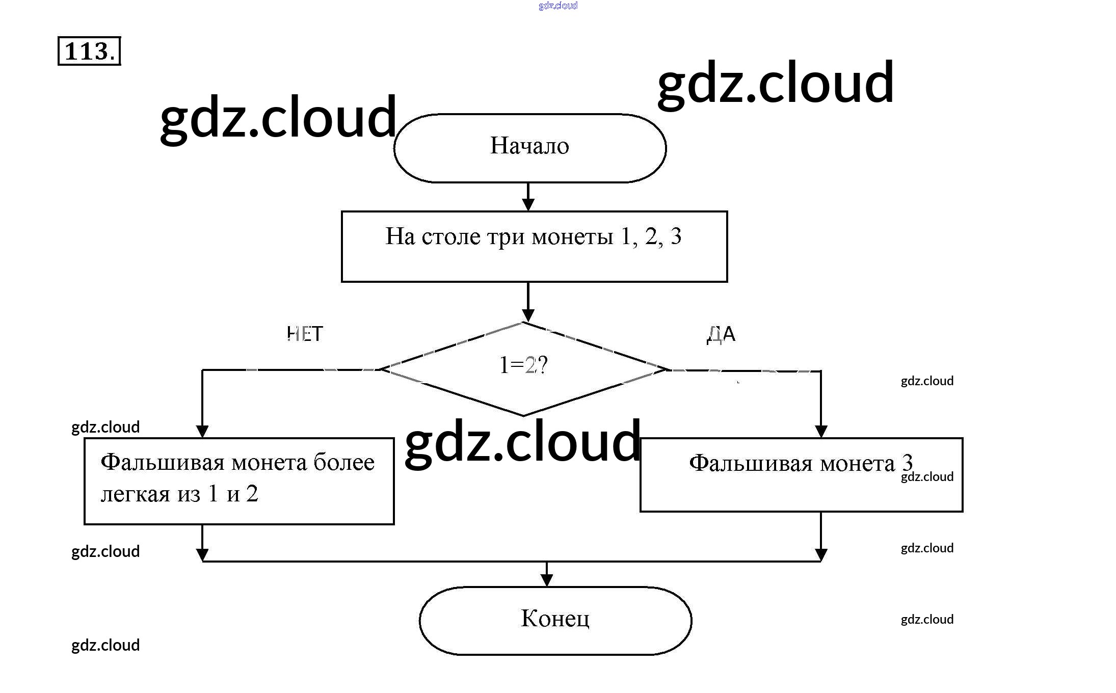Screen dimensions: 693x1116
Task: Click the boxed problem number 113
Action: pos(89,51)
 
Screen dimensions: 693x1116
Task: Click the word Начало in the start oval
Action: pos(529,146)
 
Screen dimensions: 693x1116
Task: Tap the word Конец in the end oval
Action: pos(555,619)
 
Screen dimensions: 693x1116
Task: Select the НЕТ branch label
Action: pos(305,334)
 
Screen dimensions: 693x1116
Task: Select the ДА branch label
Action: pos(721,334)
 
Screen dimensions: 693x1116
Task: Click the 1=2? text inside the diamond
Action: pos(523,365)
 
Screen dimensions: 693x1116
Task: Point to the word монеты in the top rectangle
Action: pos(572,236)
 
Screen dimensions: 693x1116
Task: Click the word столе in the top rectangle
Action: pos(451,236)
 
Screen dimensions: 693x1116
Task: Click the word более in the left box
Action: pos(344,462)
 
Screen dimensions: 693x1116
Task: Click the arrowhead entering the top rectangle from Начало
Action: pos(528,204)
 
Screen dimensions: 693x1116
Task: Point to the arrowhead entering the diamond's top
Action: pos(528,315)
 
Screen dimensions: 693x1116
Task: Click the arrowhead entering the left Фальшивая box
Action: pos(202,431)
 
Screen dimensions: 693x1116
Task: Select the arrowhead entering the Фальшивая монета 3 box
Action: pos(820,431)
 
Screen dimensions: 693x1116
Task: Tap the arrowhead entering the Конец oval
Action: pos(546,580)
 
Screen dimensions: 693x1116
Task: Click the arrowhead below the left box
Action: pos(202,554)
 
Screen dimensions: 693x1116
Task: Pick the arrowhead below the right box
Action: pos(820,554)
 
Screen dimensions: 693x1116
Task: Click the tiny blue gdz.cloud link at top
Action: pos(557,6)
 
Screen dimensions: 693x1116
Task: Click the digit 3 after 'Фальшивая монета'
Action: pos(907,462)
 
